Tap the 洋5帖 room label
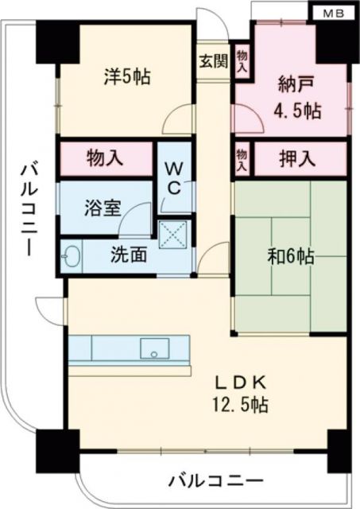coord(127,76)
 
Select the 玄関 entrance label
coord(211,60)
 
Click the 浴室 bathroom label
coord(103,208)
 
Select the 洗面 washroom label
coord(127,257)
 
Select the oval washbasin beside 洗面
coord(72,257)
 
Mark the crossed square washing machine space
coord(172,235)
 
